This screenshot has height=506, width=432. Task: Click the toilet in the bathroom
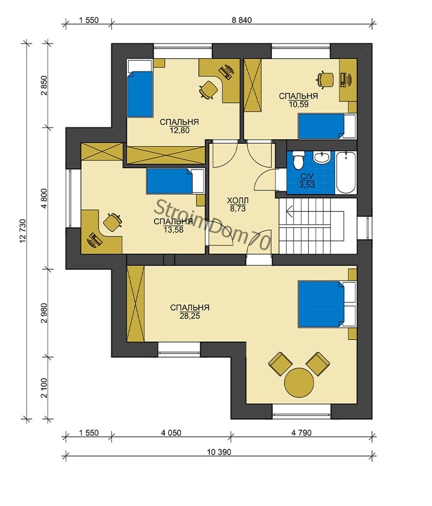298,160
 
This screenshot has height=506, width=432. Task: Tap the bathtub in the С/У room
346,173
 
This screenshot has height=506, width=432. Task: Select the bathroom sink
322,157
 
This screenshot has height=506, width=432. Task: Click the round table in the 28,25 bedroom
299,382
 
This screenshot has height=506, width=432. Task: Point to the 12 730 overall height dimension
23,231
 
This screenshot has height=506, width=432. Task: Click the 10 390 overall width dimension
219,452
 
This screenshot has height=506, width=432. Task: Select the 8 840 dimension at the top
242,20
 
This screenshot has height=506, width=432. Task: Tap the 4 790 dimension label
302,433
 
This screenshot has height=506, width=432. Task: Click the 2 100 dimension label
44,388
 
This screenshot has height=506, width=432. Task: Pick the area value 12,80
179,131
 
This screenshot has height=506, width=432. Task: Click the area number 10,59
299,104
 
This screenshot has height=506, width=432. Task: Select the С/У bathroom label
307,177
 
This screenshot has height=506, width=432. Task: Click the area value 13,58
173,230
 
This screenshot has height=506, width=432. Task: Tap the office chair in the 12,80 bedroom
208,90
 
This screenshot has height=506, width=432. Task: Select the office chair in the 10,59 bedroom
325,79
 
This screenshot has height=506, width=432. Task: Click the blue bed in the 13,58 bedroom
175,181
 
